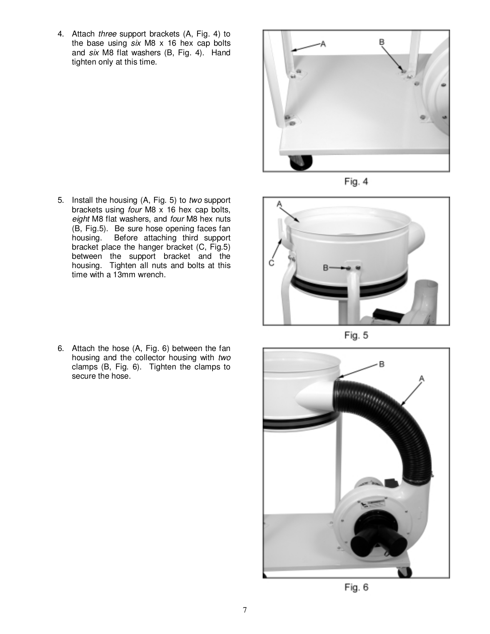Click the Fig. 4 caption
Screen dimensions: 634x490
[x=356, y=182]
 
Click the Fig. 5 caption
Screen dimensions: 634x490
[x=356, y=335]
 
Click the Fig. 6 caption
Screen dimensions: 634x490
[x=356, y=587]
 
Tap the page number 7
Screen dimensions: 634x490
[x=245, y=610]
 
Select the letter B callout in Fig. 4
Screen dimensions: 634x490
[x=382, y=42]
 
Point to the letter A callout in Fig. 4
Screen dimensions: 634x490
[x=323, y=44]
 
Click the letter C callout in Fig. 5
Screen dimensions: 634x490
[x=271, y=263]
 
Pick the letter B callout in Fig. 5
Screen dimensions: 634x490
[x=326, y=268]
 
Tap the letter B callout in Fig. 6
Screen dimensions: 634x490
[x=382, y=364]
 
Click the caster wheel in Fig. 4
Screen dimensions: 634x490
[x=298, y=162]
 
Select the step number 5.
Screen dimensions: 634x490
[x=60, y=200]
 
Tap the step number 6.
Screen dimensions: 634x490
[x=60, y=348]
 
